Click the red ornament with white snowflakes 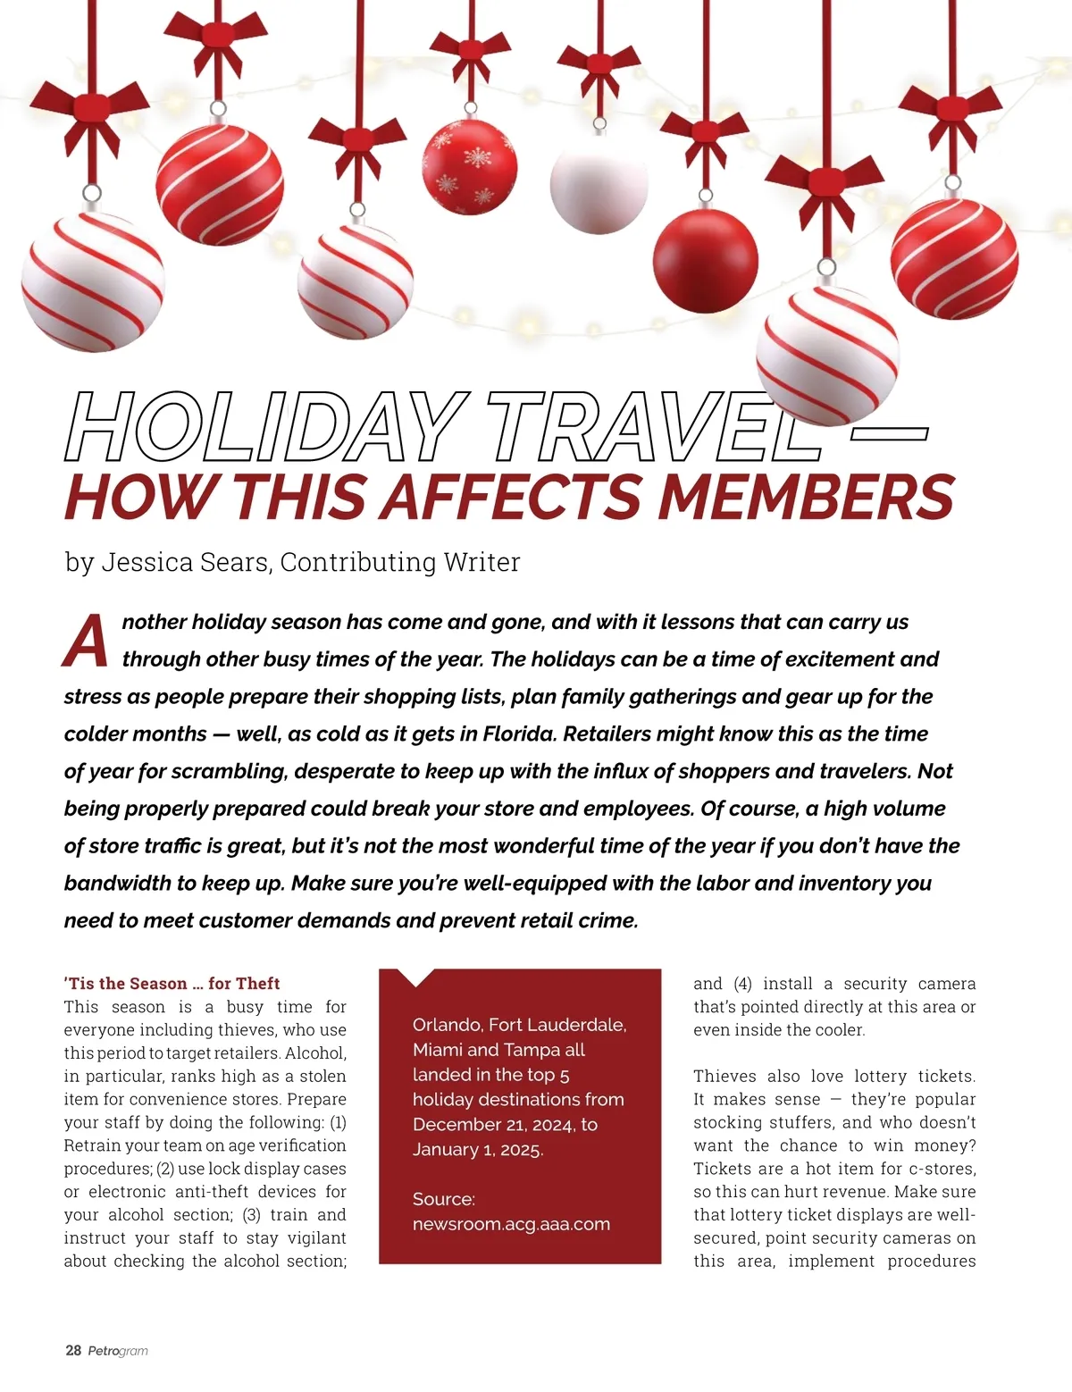pyautogui.click(x=469, y=168)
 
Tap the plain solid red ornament pyautogui.click(x=706, y=260)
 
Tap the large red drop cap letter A pyautogui.click(x=87, y=641)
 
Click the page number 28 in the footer pyautogui.click(x=73, y=1350)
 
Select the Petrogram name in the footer pyautogui.click(x=118, y=1351)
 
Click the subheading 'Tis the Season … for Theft pyautogui.click(x=172, y=984)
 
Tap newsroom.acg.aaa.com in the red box pyautogui.click(x=511, y=1224)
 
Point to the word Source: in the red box pyautogui.click(x=444, y=1199)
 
